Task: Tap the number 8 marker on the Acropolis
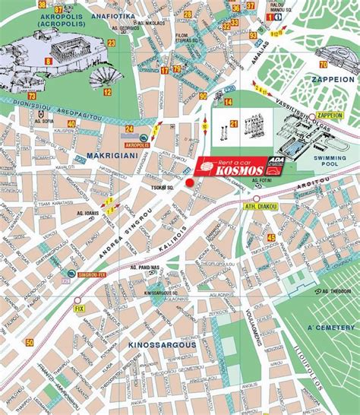pos(49,61)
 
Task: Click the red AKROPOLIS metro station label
pos(137,142)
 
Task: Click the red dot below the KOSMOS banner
pos(190,184)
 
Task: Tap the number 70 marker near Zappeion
pos(324,64)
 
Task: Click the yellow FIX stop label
pos(78,309)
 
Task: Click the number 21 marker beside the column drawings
pos(234,123)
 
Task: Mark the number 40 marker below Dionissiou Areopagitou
pos(71,123)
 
